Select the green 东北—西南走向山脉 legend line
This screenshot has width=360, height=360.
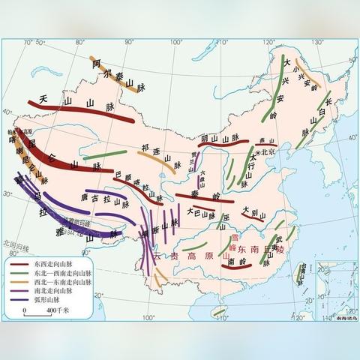pos(19,274)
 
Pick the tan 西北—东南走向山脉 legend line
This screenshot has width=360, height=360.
pos(19,282)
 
